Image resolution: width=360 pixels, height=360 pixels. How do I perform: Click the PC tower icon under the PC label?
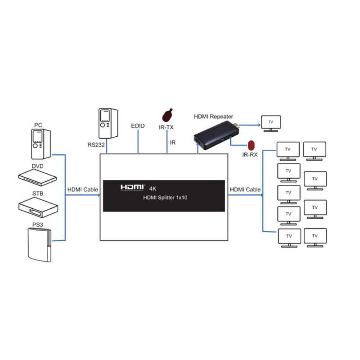[40, 144]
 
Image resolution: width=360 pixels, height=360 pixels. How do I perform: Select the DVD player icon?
[37, 176]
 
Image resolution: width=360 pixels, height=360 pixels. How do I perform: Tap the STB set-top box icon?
[38, 206]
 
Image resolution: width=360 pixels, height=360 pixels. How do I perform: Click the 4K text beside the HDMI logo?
[152, 188]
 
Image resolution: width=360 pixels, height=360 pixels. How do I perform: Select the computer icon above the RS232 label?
[108, 123]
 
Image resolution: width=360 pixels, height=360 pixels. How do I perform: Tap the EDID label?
[137, 126]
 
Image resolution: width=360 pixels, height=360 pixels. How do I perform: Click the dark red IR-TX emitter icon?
[167, 115]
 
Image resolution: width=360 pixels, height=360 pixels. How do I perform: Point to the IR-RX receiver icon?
[252, 145]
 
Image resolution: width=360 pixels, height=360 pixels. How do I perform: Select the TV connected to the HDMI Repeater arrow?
[271, 123]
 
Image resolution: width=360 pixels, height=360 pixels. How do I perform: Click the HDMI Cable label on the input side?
[82, 190]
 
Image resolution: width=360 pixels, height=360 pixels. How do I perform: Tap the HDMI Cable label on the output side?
[245, 190]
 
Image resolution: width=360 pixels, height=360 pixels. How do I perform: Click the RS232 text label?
[96, 145]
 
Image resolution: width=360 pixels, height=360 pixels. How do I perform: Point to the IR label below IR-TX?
[172, 143]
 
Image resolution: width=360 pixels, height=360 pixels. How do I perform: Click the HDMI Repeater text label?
[213, 116]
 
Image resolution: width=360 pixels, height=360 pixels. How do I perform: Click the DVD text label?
[37, 166]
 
